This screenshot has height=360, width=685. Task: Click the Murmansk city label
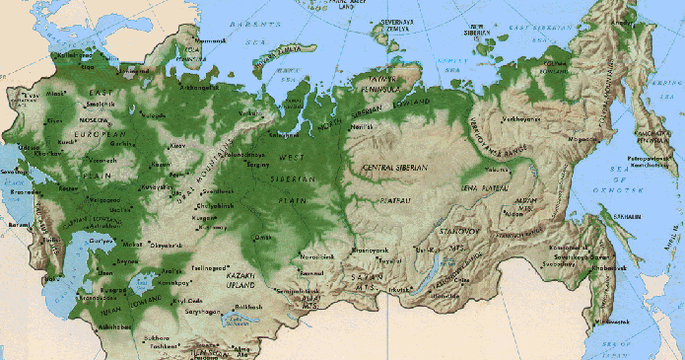point(212,40)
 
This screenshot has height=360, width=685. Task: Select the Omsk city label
point(262,236)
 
